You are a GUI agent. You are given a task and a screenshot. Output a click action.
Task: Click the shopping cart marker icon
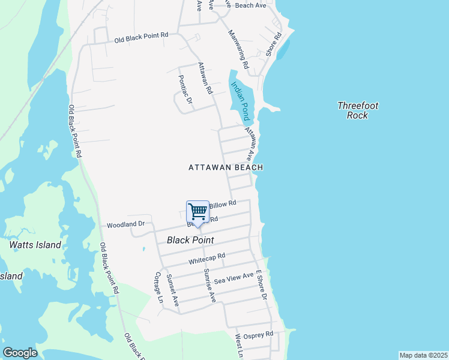197,212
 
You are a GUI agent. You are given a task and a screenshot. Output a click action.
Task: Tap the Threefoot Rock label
358,110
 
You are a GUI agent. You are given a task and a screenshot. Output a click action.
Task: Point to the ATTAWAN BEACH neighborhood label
226,168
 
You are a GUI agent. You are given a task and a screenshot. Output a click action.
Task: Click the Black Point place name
190,240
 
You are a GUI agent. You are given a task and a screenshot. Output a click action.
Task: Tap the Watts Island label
35,245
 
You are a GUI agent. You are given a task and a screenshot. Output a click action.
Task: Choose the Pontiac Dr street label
185,90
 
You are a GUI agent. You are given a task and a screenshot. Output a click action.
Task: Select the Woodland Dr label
126,224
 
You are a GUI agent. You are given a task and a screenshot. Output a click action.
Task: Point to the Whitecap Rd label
206,259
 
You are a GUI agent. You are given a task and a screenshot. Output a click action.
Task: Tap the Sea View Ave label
234,277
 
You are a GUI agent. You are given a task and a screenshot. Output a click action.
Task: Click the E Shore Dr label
261,285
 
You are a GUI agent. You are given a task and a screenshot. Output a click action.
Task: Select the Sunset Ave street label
173,290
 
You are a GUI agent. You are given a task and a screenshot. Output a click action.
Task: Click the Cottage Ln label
159,287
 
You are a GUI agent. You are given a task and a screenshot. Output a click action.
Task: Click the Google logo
20,353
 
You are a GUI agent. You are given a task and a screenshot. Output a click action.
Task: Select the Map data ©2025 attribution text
423,355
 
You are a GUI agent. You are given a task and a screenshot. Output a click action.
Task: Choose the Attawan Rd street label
205,79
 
